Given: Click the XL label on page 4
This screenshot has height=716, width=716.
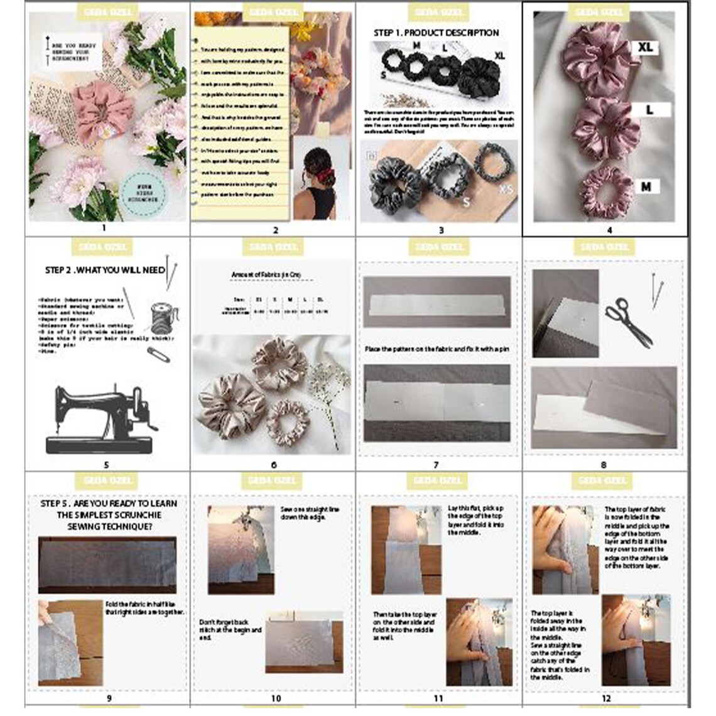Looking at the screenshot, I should tap(645, 47).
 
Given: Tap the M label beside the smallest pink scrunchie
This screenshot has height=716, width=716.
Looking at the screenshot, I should tap(646, 186).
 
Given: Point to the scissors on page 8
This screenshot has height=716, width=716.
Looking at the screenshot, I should tap(628, 322).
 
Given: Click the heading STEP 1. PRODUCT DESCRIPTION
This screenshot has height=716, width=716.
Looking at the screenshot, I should tap(436, 33).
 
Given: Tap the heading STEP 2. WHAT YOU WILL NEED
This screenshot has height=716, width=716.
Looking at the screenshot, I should tap(105, 270).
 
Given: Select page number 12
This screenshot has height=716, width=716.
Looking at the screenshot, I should tap(605, 698).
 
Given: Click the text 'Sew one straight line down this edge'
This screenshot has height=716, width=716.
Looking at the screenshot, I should tap(310, 513).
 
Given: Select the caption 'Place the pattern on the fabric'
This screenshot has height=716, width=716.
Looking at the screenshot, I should tap(437, 349).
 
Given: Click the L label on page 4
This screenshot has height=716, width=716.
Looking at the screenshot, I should tap(649, 109).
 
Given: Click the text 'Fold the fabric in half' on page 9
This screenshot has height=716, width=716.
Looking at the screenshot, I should tap(144, 607).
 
